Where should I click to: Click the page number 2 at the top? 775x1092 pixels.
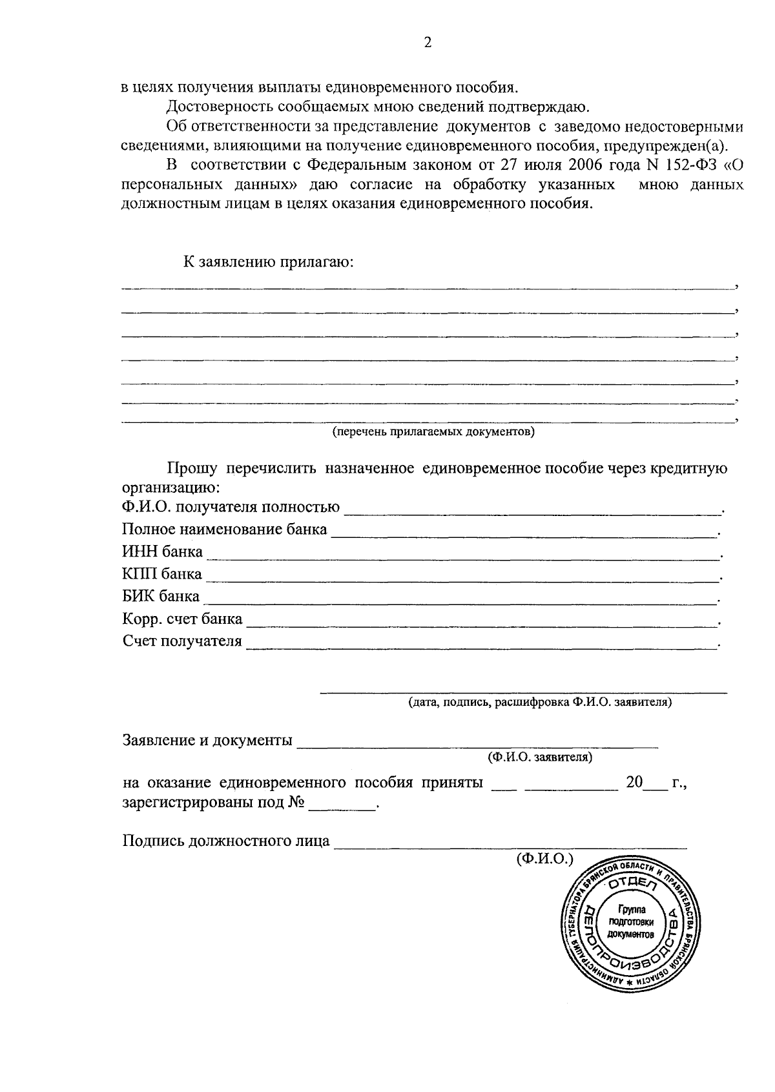coord(427,43)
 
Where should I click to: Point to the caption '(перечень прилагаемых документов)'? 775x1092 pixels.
coord(433,431)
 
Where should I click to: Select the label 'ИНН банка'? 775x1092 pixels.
coord(162,552)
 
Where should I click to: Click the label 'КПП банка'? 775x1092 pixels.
coord(162,574)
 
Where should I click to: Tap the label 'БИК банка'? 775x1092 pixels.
coord(161,596)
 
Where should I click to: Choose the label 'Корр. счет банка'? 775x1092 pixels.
coord(182,619)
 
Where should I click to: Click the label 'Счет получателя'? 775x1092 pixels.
coord(182,641)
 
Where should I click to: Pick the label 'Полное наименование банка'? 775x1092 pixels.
coord(225,530)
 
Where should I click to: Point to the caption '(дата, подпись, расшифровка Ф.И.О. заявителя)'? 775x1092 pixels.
coord(540,701)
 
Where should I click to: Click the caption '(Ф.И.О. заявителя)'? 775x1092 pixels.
coord(540,756)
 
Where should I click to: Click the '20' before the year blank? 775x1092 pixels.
coord(634,783)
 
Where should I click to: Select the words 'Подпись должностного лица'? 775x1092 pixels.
coord(226,841)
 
